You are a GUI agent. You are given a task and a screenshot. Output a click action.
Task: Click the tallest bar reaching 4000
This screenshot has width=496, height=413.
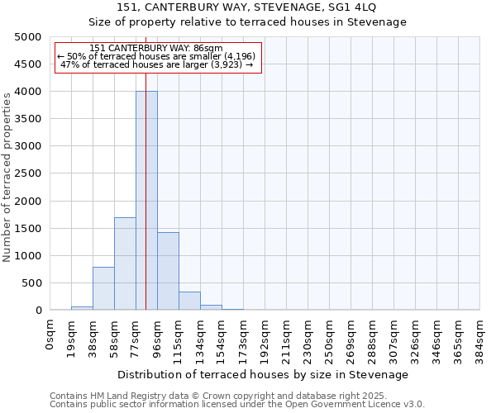[x=146, y=201]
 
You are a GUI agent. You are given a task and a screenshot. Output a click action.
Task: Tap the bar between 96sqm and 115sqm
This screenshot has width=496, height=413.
[x=168, y=271]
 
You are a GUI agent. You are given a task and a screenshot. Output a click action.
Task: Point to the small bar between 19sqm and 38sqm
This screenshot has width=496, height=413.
[x=82, y=308]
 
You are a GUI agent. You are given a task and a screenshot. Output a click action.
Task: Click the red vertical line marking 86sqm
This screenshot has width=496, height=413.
[x=145, y=165]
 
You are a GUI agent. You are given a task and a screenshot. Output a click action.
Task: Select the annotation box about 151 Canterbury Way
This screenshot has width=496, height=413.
[x=157, y=57]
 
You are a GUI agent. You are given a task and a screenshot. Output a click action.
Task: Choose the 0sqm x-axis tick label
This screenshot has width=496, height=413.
[x=50, y=335]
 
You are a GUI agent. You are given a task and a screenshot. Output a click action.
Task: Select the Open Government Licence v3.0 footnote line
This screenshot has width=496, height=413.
[x=237, y=405]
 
